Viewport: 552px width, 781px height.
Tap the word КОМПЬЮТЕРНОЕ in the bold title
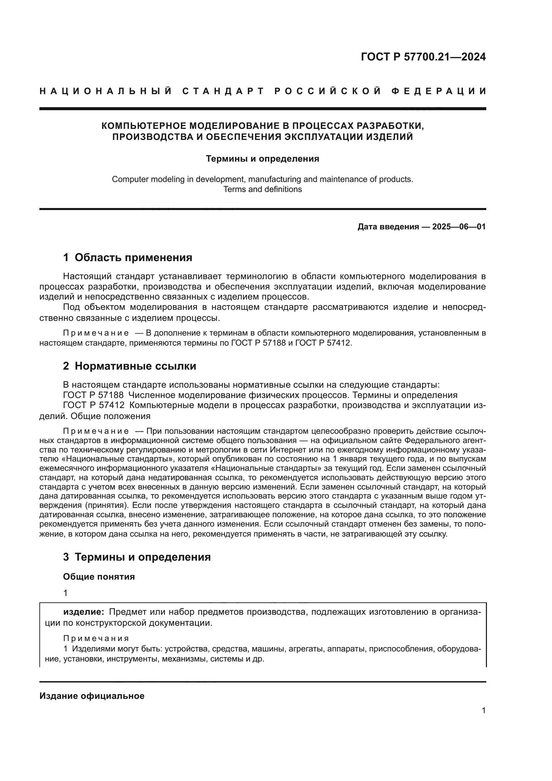[x=144, y=126]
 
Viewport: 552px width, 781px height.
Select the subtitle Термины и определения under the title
[x=262, y=159]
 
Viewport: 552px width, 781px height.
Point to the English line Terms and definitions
[x=262, y=189]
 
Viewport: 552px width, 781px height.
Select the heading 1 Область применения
[x=128, y=257]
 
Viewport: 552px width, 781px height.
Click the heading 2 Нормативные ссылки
[x=129, y=366]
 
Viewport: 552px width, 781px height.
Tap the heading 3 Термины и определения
[x=137, y=557]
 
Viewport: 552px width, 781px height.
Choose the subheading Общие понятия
[x=99, y=577]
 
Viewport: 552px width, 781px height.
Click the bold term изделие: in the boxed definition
[x=84, y=612]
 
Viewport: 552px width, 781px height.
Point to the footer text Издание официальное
[x=92, y=696]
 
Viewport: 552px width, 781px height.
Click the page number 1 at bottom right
[x=483, y=711]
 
